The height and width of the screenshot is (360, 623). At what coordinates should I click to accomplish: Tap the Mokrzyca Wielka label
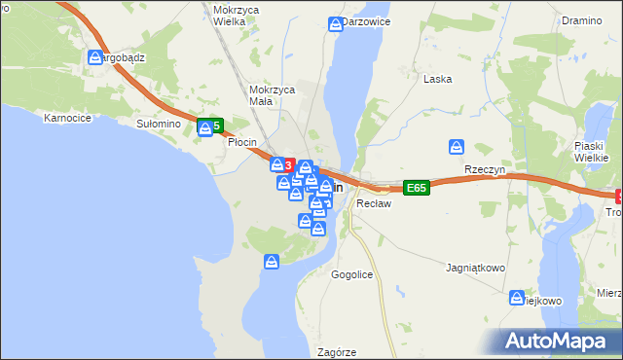[x=230, y=13]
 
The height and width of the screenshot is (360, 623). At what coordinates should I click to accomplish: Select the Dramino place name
[x=582, y=19]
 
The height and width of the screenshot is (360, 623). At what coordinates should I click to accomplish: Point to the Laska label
[x=437, y=79]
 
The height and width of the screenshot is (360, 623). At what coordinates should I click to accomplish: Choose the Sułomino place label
[x=159, y=124]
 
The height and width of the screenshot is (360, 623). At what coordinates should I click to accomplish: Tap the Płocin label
[x=241, y=142]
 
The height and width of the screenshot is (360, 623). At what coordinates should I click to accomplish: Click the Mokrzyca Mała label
[x=272, y=94]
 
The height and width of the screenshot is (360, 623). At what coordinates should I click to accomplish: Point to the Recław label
[x=374, y=204]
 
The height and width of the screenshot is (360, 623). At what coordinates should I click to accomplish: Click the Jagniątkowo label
[x=475, y=266]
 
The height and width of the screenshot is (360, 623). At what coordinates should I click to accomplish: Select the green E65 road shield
[x=417, y=188]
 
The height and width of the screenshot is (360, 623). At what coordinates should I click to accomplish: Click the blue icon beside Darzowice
[x=336, y=22]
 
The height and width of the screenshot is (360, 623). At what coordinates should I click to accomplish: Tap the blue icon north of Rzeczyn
[x=457, y=147]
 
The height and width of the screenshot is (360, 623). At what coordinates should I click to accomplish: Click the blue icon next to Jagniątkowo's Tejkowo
[x=515, y=299]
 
